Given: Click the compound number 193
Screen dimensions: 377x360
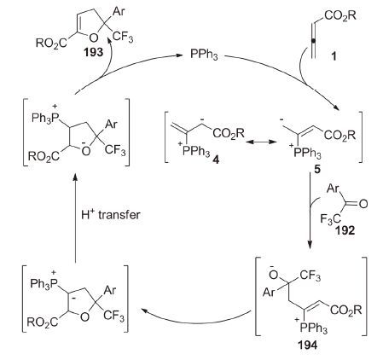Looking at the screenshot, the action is point(93,53).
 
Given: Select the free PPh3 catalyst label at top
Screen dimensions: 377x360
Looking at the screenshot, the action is point(204,55).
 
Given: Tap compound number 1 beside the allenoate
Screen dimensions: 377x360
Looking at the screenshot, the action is point(333,56).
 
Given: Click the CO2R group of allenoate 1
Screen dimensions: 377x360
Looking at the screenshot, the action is point(340,15).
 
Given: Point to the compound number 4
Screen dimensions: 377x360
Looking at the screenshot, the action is point(216,160).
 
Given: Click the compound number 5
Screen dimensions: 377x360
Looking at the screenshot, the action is point(317,169).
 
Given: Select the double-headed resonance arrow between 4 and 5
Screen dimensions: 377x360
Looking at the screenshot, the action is point(262,142).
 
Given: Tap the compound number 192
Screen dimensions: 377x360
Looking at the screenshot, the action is point(345,230).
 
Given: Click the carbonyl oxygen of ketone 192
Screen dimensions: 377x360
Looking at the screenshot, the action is point(363,204).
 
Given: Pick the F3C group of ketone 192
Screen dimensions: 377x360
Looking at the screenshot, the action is point(331,219).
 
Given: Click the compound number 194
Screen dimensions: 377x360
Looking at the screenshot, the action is point(308,345).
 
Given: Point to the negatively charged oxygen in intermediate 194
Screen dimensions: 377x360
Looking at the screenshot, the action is point(274,275).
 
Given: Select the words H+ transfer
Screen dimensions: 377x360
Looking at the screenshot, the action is point(111,214).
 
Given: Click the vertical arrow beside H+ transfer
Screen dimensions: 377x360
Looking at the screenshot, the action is point(75,218).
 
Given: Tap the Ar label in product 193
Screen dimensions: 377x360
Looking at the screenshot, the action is point(119,11).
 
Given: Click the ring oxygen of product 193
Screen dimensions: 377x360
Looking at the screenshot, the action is point(94,37).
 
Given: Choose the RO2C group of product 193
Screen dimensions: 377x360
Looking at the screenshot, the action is point(51,44).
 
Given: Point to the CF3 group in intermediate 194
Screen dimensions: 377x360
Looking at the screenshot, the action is point(310,276).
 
